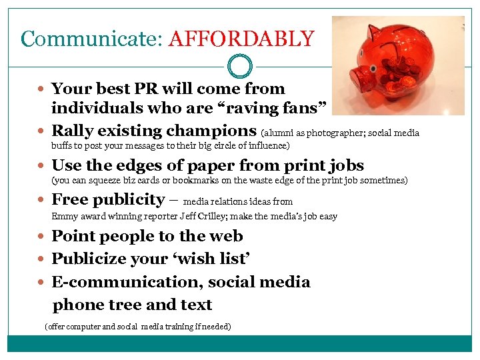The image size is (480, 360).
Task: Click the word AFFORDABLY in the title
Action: [241, 39]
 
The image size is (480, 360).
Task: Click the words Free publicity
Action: [108, 199]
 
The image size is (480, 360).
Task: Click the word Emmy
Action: [65, 216]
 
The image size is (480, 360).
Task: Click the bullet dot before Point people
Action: [43, 237]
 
